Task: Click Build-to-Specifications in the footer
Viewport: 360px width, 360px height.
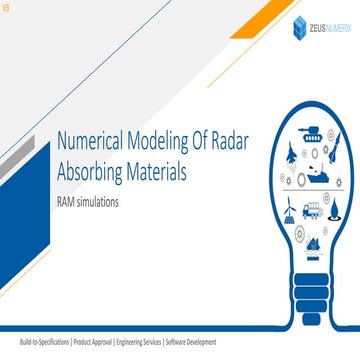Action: (38, 342)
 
